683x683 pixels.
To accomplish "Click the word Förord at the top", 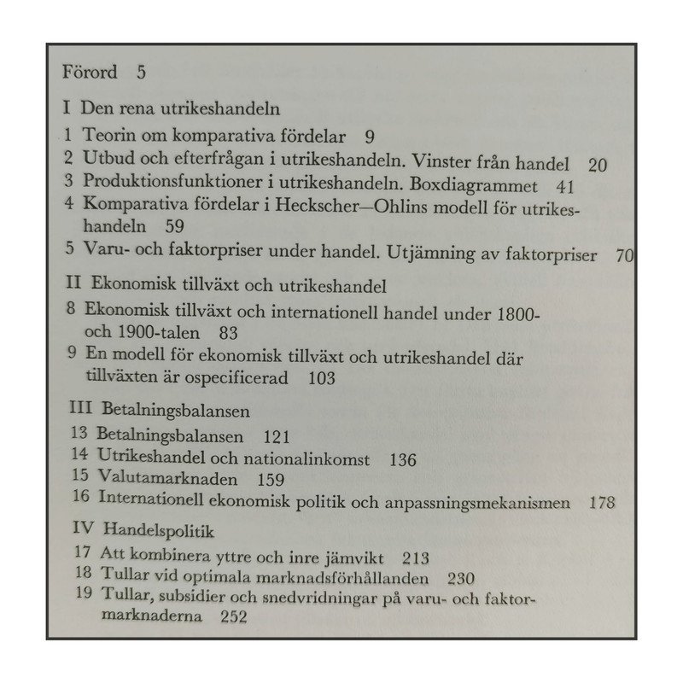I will (89, 72).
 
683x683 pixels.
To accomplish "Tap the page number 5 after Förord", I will (141, 72).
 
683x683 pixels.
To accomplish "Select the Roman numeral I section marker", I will (66, 110).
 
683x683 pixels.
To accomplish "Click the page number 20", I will (597, 165).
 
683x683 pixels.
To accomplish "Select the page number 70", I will (625, 255).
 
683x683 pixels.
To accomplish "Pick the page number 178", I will (602, 502).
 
